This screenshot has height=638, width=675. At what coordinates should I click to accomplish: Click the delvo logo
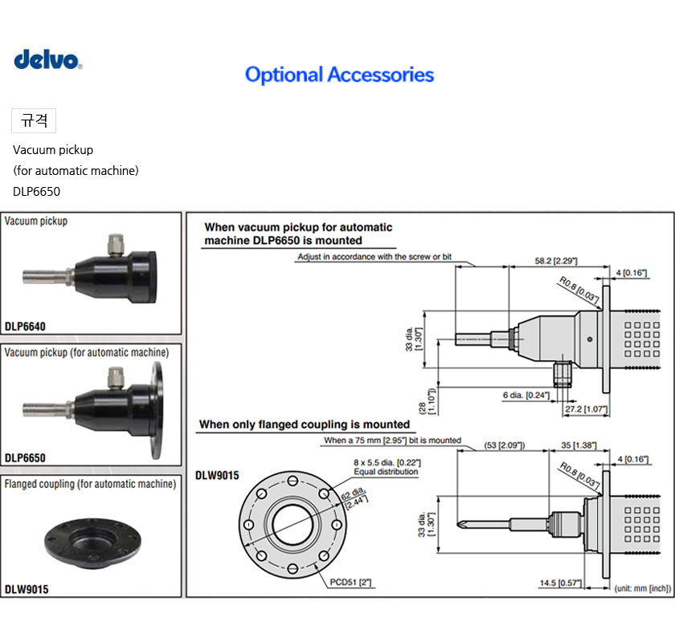[x=47, y=59]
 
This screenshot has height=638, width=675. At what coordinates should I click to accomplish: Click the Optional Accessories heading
[x=339, y=75]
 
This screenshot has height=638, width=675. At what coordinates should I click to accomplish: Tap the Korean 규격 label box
[x=34, y=120]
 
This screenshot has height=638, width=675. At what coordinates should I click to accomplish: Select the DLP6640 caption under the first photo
[x=25, y=327]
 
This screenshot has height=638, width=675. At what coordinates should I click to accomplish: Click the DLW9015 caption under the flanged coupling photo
[x=27, y=589]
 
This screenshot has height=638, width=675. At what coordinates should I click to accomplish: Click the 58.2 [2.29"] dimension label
[x=555, y=262]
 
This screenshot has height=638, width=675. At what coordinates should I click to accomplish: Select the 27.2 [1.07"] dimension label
[x=585, y=408]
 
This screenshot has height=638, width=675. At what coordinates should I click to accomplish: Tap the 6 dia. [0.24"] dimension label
[x=526, y=394]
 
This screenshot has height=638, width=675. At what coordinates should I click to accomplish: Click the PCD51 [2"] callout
[x=352, y=581]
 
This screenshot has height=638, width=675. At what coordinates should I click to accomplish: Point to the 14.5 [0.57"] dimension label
[x=561, y=583]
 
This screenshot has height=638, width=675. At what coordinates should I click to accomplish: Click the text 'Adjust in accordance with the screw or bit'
[x=374, y=257]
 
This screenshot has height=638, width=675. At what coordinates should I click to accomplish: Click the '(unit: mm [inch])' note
[x=642, y=588]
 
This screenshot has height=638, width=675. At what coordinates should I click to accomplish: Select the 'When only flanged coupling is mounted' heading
[x=304, y=425]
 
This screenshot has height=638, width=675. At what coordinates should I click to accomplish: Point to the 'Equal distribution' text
[x=386, y=472]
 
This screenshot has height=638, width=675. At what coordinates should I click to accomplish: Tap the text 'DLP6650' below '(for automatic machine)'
[x=36, y=192]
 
